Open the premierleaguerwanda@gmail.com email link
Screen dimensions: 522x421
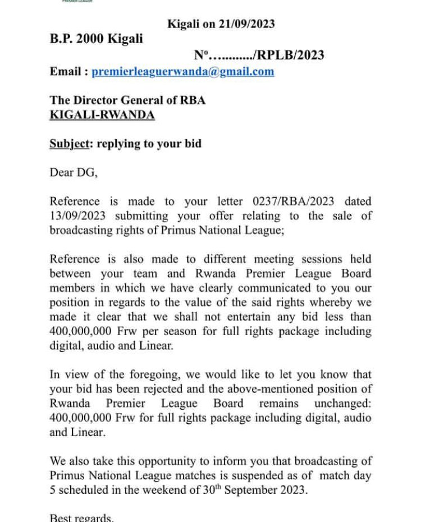point(183,71)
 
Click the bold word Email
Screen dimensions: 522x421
point(66,71)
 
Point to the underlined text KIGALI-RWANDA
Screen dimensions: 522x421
point(102,115)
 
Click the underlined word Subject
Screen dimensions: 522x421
point(69,144)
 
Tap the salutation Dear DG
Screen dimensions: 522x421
point(73,172)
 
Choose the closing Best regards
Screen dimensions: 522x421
point(81,518)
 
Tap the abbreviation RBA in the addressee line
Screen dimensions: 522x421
point(191,100)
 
